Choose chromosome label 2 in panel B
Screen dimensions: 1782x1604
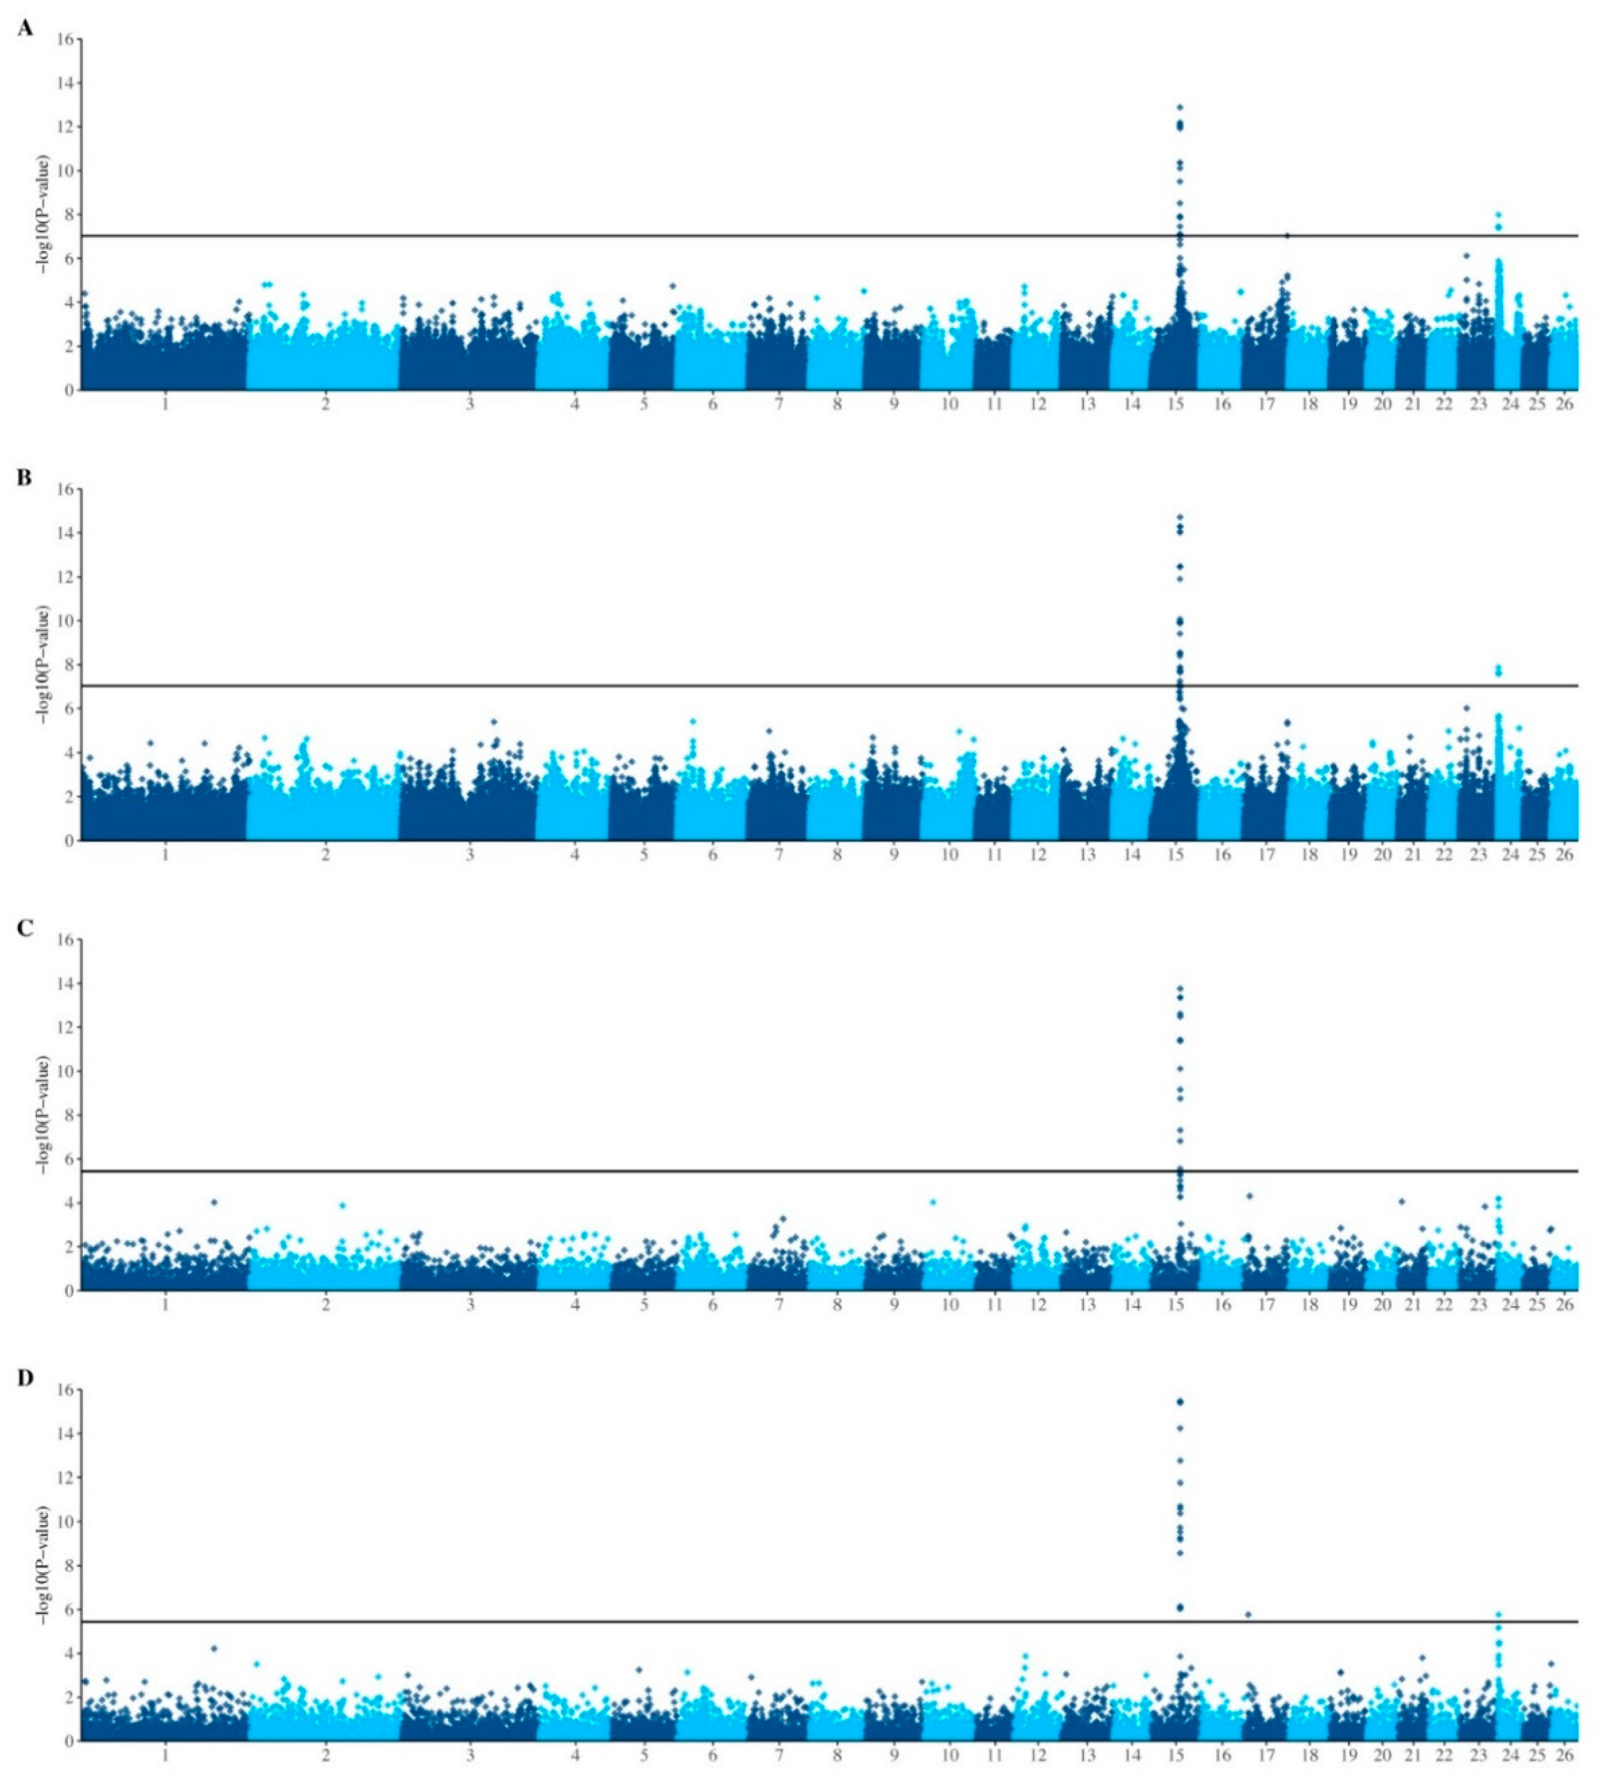326,855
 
